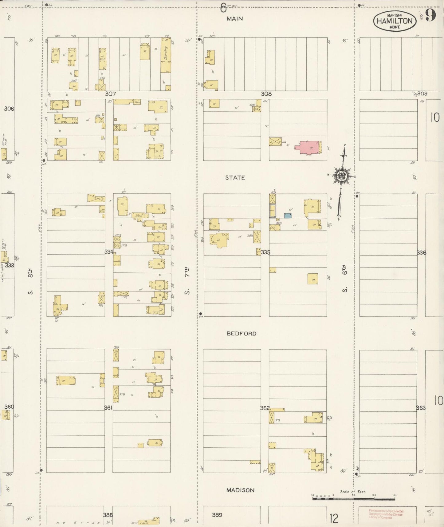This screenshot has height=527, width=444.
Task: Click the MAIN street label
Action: coord(235,19)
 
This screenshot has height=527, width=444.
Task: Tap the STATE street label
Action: coord(235,178)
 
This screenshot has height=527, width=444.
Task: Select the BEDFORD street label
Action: coord(241,334)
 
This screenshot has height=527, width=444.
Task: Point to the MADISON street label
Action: coord(240,490)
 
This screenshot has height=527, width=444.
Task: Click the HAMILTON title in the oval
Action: coord(395,21)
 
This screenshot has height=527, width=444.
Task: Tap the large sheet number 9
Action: coord(430,15)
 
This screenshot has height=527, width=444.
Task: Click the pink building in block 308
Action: coord(308,148)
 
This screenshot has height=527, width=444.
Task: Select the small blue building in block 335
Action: coord(288,216)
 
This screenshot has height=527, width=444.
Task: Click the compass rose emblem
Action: coord(341,176)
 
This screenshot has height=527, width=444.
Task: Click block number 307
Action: coord(110,94)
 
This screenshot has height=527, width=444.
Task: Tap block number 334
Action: coord(109,252)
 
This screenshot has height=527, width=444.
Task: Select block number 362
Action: coord(265,408)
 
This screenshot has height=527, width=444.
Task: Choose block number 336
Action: coord(421,253)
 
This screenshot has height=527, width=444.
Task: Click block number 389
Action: coord(217,515)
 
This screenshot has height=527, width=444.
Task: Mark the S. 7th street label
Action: coord(187,281)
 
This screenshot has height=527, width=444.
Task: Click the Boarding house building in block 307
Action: coord(166,55)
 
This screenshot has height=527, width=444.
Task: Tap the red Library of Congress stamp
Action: coord(386,514)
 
